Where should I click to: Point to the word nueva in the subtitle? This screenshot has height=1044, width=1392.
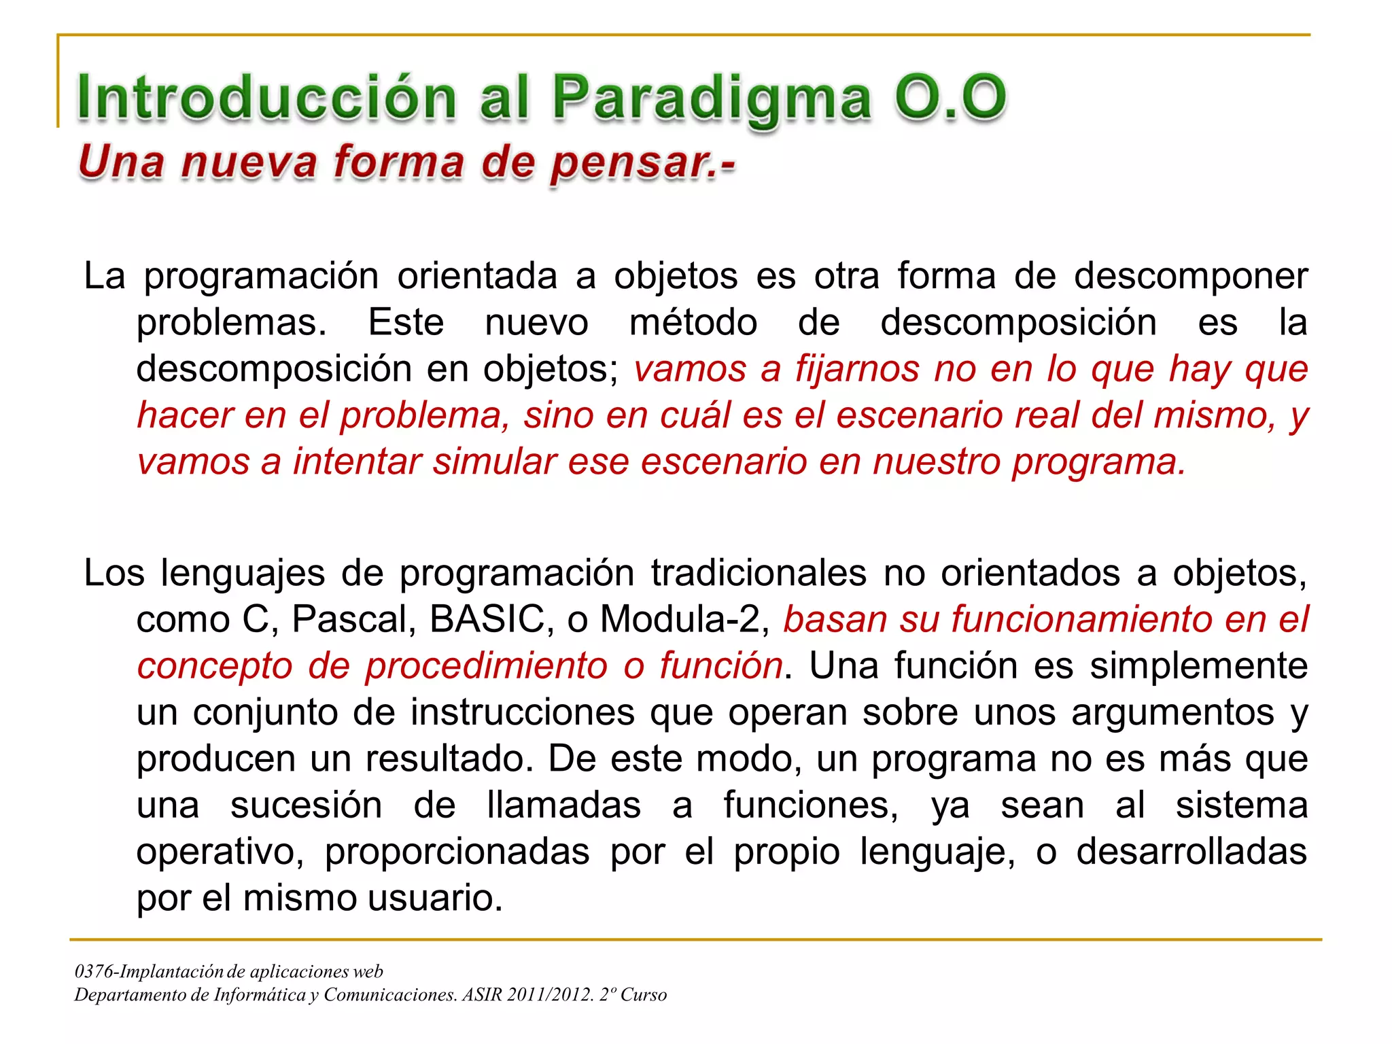click(249, 163)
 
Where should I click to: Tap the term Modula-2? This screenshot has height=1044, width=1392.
click(684, 619)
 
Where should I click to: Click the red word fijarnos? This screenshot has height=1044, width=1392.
click(857, 369)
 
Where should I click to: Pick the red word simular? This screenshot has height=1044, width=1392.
click(495, 462)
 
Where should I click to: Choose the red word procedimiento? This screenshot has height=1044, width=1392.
click(486, 665)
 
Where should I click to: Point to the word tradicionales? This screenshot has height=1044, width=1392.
click(759, 573)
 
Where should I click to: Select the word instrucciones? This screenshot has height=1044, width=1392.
click(523, 712)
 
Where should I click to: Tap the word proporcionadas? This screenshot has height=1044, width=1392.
click(457, 852)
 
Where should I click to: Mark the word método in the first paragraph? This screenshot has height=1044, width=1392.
click(693, 322)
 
